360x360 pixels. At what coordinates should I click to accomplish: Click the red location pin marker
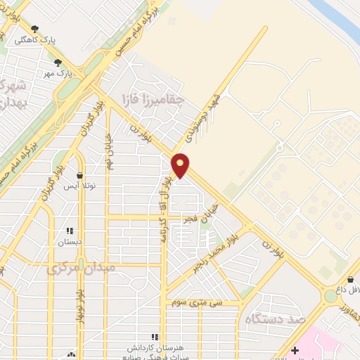[181, 165]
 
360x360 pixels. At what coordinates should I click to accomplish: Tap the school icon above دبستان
[70, 230]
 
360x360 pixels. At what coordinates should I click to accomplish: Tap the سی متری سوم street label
[196, 302]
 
